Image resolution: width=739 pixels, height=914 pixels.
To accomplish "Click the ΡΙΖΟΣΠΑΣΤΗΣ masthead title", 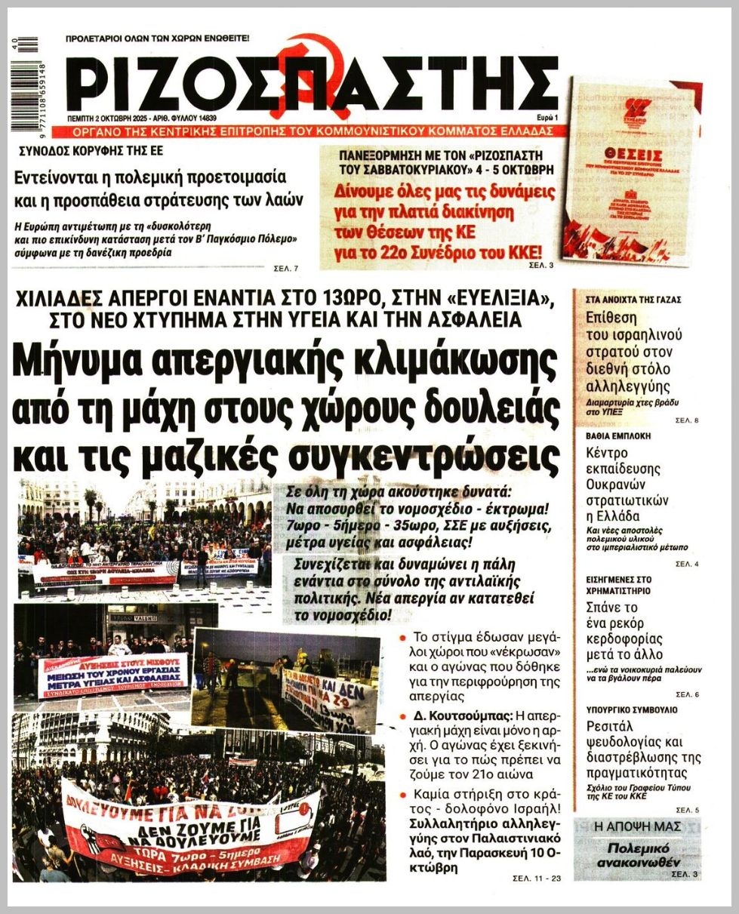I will [317, 82].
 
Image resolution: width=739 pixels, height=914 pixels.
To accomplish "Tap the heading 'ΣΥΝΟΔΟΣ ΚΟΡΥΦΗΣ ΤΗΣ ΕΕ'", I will [91, 151].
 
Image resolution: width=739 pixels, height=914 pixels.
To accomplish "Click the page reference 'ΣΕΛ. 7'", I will [287, 268].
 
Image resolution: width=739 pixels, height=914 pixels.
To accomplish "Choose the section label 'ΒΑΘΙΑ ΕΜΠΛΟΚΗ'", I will [618, 436].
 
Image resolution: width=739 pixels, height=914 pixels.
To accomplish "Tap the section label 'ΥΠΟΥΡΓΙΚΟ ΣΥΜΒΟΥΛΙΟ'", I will [632, 710].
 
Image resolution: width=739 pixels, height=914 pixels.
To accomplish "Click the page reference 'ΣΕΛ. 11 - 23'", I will [537, 879].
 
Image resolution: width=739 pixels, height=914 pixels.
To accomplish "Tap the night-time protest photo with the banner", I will [287, 679].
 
